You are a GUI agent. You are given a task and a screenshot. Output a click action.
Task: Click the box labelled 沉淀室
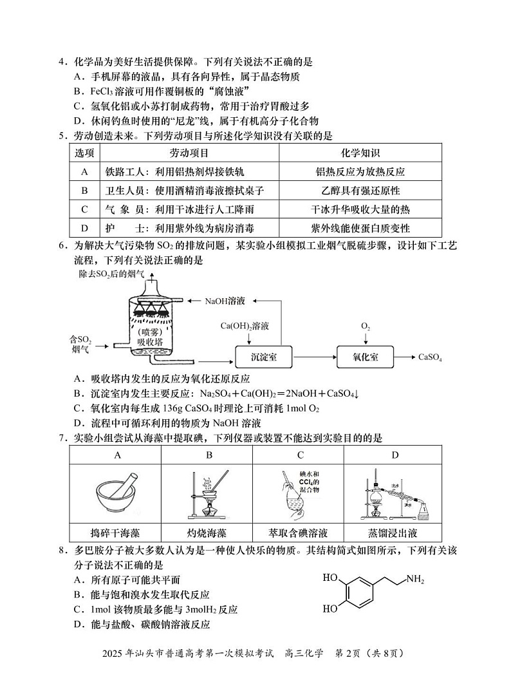263,357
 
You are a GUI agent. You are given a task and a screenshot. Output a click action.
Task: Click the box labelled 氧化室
365,357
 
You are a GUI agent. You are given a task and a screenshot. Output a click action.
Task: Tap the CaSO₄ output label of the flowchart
430,357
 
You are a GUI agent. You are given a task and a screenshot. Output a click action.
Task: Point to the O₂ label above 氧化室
365,326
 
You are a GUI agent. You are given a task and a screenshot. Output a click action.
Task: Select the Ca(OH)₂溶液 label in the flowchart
245,326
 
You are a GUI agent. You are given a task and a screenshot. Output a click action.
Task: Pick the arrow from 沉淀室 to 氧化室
314,357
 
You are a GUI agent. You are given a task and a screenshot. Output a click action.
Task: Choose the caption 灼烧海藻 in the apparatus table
208,533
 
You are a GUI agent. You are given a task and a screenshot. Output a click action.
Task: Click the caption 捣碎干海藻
117,533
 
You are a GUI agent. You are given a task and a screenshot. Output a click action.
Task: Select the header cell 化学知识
360,153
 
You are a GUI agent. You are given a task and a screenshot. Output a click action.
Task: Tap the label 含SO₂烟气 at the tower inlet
81,344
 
